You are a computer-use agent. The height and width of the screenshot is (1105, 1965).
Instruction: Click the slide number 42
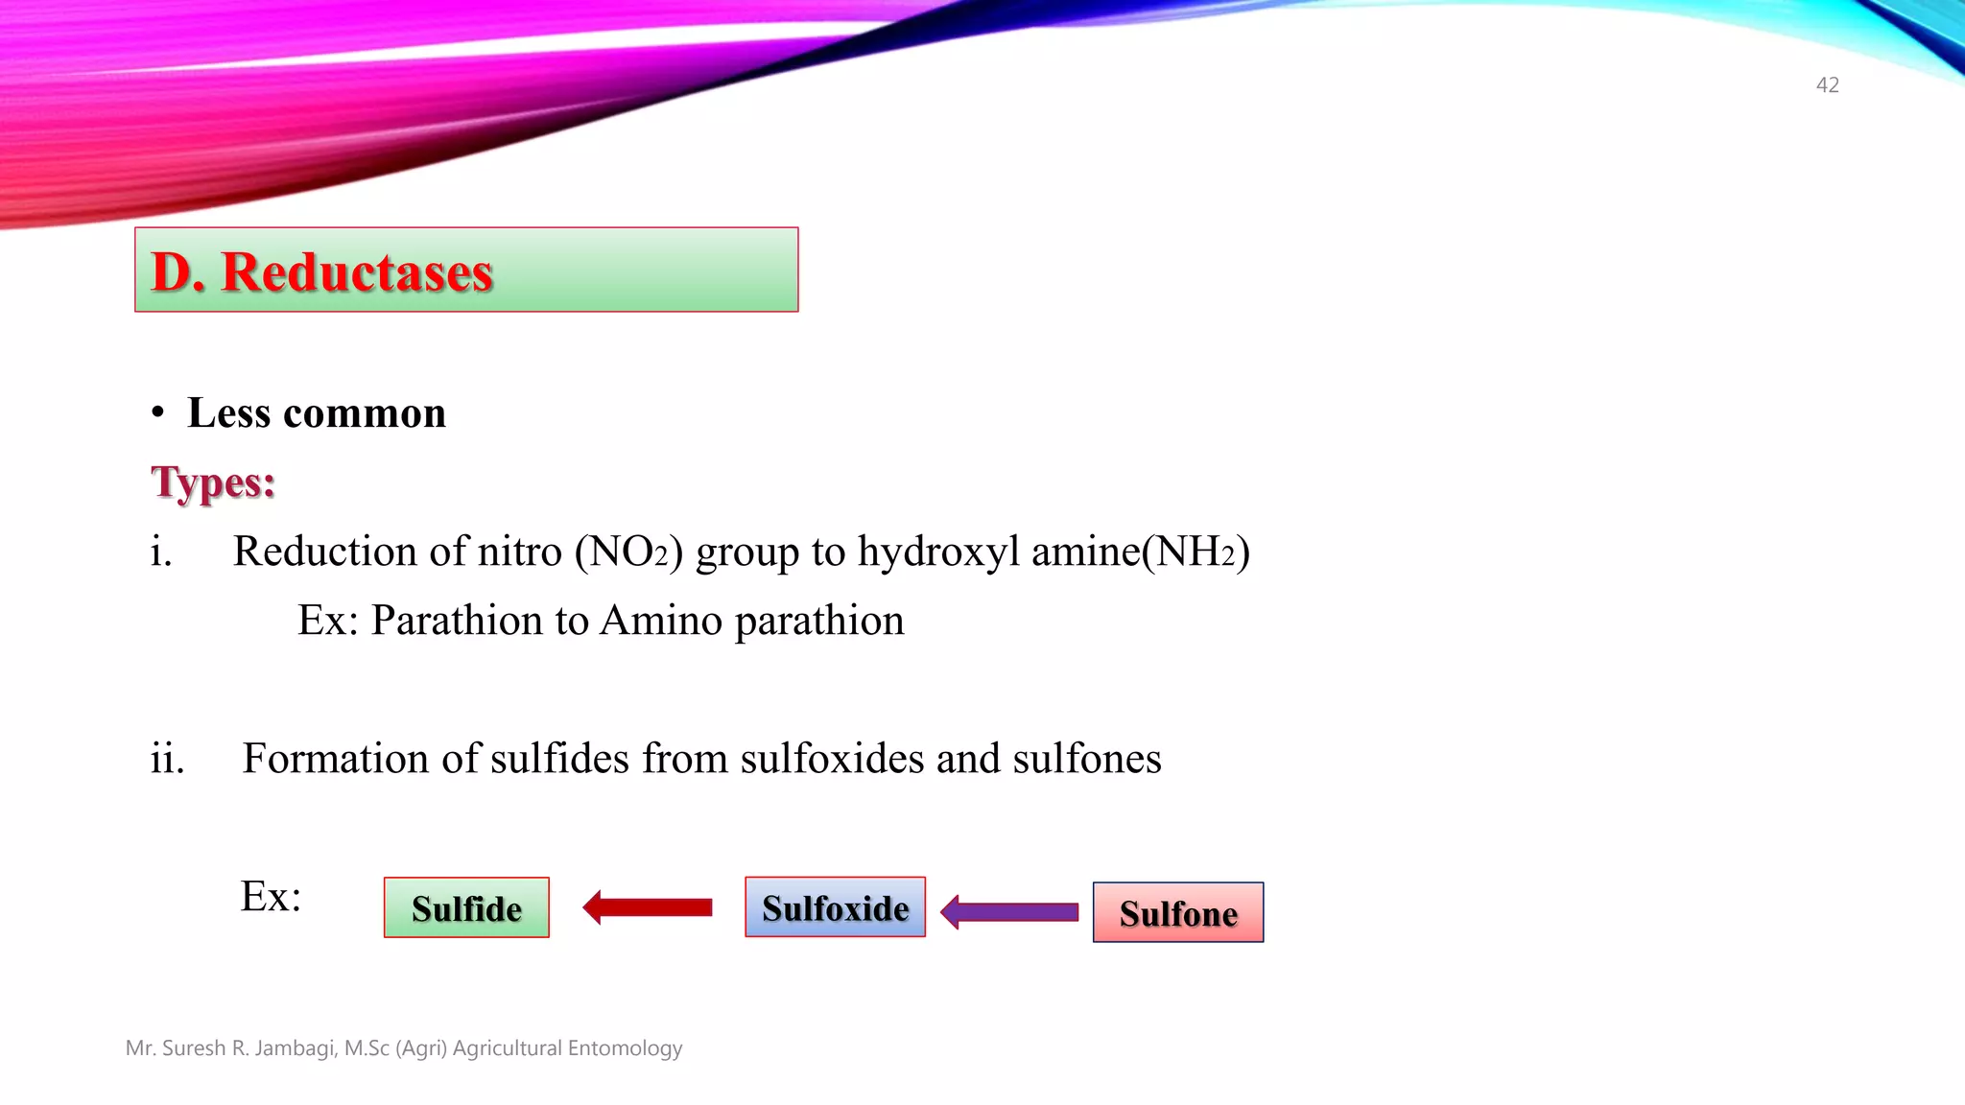tap(1827, 85)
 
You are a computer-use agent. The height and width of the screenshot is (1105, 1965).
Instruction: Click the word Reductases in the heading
tap(357, 272)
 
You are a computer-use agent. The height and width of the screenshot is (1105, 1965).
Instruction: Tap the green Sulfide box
tap(466, 907)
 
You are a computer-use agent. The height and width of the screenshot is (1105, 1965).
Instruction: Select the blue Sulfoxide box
tap(835, 907)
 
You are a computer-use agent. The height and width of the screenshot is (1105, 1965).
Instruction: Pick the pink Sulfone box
tap(1178, 912)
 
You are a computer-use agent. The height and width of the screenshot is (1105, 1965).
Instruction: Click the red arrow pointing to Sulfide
tap(648, 907)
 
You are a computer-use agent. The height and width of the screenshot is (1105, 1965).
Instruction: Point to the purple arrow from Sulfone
tap(1009, 911)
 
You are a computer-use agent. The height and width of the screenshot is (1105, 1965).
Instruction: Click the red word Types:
tap(213, 482)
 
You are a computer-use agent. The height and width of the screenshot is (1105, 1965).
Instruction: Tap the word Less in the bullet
tap(228, 413)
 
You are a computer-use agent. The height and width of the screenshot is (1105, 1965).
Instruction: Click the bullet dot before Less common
tap(158, 413)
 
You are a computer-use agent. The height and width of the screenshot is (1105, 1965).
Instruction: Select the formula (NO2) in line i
tap(628, 552)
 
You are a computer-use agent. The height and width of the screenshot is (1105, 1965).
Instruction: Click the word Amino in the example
tap(661, 621)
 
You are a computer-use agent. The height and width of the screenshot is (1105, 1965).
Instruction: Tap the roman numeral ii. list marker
tap(167, 759)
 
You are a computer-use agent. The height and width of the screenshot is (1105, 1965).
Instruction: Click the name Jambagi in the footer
tap(294, 1048)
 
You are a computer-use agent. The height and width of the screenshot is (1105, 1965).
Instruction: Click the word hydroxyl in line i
tap(938, 552)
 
